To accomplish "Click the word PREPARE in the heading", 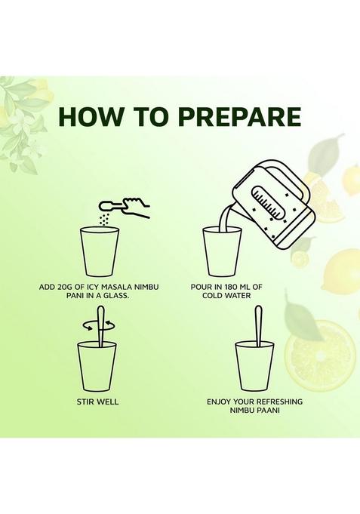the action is pos(240,116).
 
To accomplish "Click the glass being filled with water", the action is pos(223,251).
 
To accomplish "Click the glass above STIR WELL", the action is pos(97,367).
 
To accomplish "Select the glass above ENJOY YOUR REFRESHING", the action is pos(255,366).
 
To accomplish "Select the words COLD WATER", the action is pos(226,296).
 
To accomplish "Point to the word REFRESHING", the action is pos(279,402).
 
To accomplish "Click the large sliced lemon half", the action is pos(320,355).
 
